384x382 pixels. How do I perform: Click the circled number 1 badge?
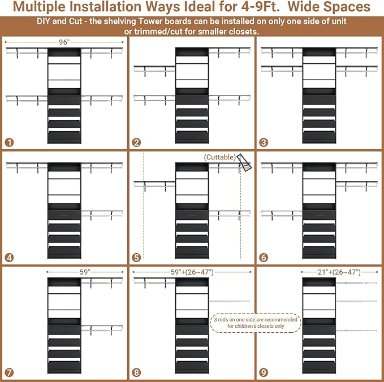tap(9, 142)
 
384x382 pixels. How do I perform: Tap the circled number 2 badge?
tap(136, 142)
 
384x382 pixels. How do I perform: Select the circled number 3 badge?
tap(264, 142)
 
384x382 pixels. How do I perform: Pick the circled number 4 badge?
tap(9, 258)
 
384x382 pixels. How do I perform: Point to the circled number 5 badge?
tap(136, 258)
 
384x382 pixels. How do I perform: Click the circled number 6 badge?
tap(264, 258)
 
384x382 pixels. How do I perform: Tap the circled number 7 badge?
tap(9, 372)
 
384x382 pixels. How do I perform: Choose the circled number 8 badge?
tap(136, 372)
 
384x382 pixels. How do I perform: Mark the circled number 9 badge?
tap(264, 372)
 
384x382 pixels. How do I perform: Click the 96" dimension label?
tap(64, 42)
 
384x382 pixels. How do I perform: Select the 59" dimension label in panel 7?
tap(85, 272)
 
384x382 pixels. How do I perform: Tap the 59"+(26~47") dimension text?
tap(192, 272)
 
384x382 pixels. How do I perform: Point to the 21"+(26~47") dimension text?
tap(339, 272)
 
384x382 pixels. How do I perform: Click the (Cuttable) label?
tap(219, 157)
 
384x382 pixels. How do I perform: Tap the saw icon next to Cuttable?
tap(244, 162)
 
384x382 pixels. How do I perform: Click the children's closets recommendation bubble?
tap(256, 323)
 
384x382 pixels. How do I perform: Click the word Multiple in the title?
tap(40, 7)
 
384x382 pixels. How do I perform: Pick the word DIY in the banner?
tap(43, 21)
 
